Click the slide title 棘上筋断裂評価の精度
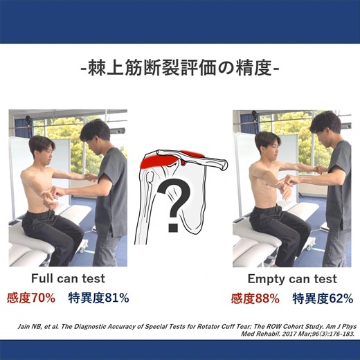[180, 70]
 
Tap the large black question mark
[179, 200]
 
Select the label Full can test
[68, 279]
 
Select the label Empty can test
[292, 279]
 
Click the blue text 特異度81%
[98, 298]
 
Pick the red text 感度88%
[255, 298]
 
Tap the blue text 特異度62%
[322, 298]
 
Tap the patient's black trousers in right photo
[277, 228]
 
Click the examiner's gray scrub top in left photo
[111, 194]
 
